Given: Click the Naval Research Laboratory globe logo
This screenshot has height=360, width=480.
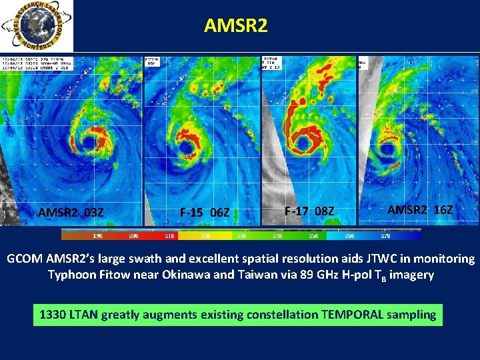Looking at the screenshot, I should (x=37, y=26).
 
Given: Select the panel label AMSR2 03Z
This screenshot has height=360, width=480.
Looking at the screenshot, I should (x=71, y=213).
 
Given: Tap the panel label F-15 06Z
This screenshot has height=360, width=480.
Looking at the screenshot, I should (x=205, y=213).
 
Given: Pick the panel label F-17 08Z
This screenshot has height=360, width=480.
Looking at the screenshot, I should (x=309, y=211).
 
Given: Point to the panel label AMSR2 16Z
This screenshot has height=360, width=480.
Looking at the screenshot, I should (x=421, y=209).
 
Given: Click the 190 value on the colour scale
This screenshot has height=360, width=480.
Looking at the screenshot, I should (x=97, y=235).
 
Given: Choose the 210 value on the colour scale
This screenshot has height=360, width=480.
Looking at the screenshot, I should (x=170, y=235).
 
